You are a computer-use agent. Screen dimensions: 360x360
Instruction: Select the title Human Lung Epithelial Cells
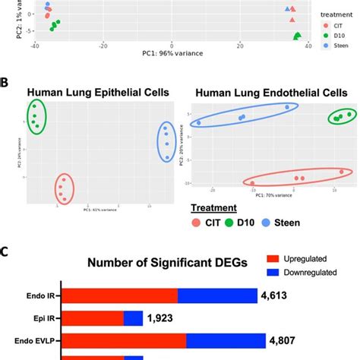(99, 93)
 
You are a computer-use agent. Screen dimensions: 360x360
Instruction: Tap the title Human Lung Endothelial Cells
(271, 93)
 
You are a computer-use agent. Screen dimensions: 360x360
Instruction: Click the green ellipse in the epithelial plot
(36, 118)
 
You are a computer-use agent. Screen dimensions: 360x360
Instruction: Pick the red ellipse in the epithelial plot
(65, 189)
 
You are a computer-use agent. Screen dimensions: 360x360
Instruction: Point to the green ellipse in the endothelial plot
(341, 117)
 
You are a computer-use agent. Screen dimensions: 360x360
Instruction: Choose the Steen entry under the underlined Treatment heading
(283, 223)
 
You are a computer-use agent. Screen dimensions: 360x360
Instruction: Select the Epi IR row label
(39, 318)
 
